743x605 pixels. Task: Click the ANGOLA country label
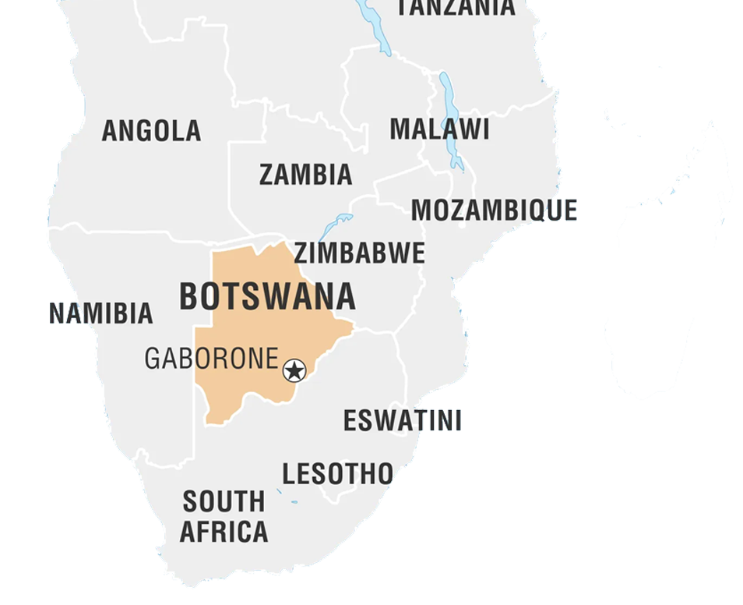click(151, 131)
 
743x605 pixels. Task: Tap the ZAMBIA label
click(305, 175)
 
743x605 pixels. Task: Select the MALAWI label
click(439, 129)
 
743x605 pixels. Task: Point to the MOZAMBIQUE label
click(494, 211)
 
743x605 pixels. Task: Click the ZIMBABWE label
click(359, 253)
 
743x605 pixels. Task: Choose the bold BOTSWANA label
click(267, 297)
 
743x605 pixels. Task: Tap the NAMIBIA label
click(101, 313)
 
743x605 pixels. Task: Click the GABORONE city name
click(211, 359)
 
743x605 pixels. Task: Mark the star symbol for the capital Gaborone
click(294, 370)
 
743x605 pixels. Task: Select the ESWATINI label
click(402, 421)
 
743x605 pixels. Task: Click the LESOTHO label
click(337, 473)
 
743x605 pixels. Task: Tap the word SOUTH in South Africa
click(224, 501)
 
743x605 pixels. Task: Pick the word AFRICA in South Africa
click(224, 532)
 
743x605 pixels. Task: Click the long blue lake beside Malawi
click(449, 117)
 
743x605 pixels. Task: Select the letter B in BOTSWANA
click(188, 297)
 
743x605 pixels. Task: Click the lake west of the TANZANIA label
click(374, 27)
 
